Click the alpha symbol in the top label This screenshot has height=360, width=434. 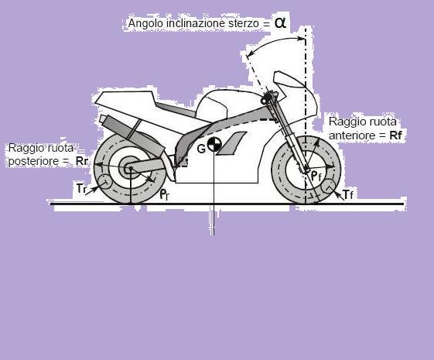coord(280,23)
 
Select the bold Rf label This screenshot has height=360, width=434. coord(395,135)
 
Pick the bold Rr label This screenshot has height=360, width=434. coord(82,161)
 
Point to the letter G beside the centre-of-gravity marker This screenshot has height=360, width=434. coord(201,149)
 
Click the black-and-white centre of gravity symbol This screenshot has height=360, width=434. coord(214,144)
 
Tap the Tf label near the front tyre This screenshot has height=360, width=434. coord(348,194)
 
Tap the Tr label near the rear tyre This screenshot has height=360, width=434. coord(81,189)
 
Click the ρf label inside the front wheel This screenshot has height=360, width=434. coord(316,176)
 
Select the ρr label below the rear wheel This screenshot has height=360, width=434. coord(165,194)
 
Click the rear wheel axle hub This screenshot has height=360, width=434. coord(129,167)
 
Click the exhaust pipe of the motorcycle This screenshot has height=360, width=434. coord(130,134)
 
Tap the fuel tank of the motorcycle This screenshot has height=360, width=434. coord(212,105)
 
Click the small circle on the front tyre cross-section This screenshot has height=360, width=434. coord(329,186)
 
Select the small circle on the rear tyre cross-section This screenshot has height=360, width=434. coord(104,183)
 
